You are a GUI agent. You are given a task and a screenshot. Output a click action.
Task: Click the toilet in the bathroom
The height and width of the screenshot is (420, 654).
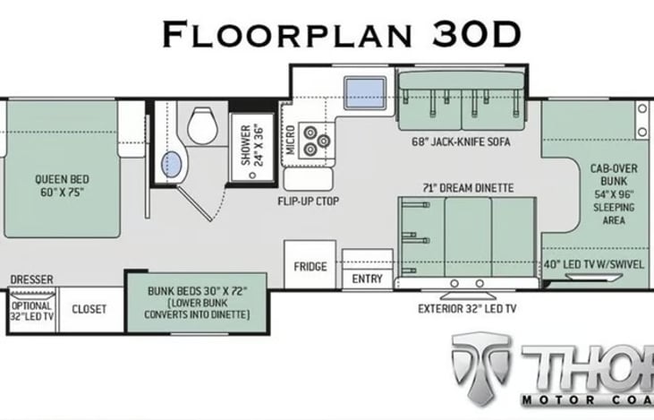(202, 124)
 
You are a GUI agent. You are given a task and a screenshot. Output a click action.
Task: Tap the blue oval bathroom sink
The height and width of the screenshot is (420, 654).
(172, 165)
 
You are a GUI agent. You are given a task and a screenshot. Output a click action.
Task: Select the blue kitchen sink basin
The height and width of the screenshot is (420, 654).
(364, 92)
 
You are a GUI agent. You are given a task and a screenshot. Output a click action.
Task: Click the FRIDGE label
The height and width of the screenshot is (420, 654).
(310, 266)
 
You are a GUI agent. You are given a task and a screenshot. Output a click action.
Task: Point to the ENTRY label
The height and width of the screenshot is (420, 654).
(367, 279)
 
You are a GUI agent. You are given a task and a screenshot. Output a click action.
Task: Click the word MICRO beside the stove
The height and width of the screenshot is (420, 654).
(291, 140)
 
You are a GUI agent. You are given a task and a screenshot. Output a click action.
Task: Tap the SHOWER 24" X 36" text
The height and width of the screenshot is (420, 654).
(252, 145)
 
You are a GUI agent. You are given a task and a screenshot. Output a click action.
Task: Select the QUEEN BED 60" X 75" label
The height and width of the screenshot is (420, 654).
(62, 185)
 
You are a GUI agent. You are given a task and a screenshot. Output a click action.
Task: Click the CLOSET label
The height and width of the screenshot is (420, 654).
(89, 309)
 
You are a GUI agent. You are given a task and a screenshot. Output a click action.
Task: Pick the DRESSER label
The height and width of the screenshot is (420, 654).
(31, 279)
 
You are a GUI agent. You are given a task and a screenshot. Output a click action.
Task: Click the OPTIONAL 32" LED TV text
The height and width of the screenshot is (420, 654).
(32, 311)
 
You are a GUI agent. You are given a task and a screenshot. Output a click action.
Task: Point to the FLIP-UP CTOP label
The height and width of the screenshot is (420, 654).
(309, 201)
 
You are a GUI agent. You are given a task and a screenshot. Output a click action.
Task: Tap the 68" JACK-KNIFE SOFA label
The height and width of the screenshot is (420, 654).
(461, 141)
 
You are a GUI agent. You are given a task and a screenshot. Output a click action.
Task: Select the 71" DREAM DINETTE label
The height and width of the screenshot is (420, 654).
(468, 188)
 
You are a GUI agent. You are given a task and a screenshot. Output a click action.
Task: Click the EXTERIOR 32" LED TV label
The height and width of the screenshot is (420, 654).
(467, 309)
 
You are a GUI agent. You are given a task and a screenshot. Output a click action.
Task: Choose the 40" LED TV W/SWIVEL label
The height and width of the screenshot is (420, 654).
(593, 264)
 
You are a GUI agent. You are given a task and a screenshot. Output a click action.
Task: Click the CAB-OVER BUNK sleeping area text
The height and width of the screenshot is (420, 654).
(614, 194)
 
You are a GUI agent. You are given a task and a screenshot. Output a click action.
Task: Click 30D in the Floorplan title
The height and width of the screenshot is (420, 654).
(477, 34)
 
